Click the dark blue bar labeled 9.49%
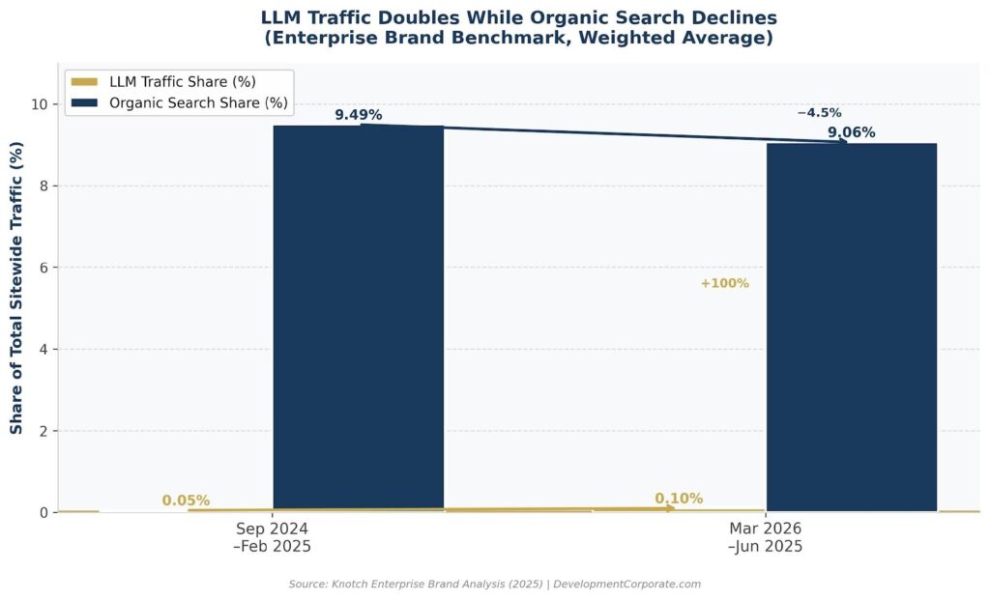tap(358, 319)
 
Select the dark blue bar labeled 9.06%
tap(851, 329)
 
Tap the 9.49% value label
tap(359, 115)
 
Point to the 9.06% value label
tap(851, 132)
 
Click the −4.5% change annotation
tap(819, 113)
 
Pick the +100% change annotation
tap(724, 283)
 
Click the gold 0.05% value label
tap(186, 500)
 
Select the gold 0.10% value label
tap(679, 499)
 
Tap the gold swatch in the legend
tap(85, 81)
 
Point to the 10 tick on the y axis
tap(42, 103)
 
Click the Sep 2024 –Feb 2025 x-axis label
tap(274, 537)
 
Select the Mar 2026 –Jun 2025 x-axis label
tap(765, 537)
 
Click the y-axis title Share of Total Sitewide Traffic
tap(16, 288)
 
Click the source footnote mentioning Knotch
tap(494, 584)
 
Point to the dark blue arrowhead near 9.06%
tap(842, 142)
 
